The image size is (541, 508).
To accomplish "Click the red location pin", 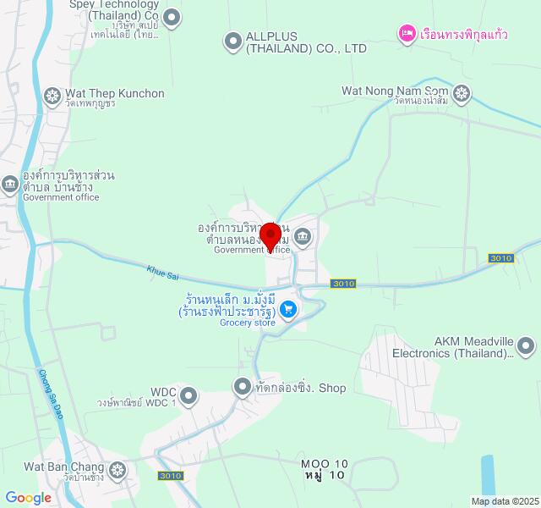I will click(270, 235).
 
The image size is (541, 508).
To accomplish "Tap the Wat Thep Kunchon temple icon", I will click(52, 94).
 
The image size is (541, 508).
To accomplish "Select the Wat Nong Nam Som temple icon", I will click(462, 91).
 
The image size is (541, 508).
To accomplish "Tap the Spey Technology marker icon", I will click(172, 16).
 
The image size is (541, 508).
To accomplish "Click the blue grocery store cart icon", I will click(288, 310).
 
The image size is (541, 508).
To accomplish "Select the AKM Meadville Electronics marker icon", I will click(526, 345).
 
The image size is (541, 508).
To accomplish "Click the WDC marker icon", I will click(189, 395).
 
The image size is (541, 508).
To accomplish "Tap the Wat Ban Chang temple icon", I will click(117, 468).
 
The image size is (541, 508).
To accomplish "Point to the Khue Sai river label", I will click(163, 273).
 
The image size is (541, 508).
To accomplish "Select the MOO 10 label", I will click(325, 464).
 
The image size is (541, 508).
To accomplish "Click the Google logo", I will click(28, 498).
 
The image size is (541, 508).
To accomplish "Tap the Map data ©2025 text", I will click(505, 501).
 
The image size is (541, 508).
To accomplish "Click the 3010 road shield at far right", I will click(501, 258).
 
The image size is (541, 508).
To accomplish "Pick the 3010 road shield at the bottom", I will click(170, 476).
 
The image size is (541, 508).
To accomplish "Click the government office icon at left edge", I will click(9, 183).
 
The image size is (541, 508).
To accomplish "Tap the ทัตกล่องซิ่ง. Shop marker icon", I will click(243, 386).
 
